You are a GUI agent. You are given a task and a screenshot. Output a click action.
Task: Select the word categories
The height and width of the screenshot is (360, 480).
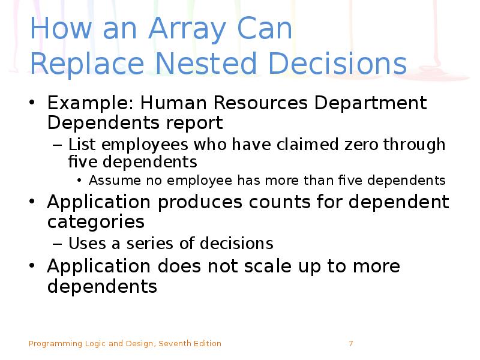(x=96, y=222)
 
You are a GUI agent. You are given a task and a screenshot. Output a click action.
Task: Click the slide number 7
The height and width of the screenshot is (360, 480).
(x=350, y=344)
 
